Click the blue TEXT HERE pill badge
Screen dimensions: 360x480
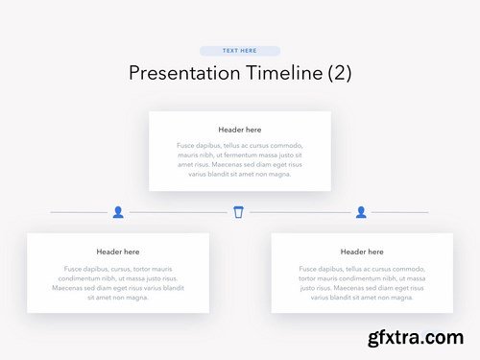[240, 50]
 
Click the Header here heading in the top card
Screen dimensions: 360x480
[240, 130]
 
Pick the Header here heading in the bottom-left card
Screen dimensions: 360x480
[118, 252]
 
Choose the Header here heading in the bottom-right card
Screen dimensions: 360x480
[362, 252]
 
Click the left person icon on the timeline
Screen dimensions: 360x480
[118, 211]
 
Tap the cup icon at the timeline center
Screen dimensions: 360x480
[238, 211]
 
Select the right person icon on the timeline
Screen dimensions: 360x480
[361, 211]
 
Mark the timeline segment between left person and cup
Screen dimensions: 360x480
[178, 211]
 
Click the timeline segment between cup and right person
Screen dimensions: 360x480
[300, 211]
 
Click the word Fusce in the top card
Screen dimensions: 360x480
[187, 146]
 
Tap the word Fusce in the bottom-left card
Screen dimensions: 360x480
[74, 269]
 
